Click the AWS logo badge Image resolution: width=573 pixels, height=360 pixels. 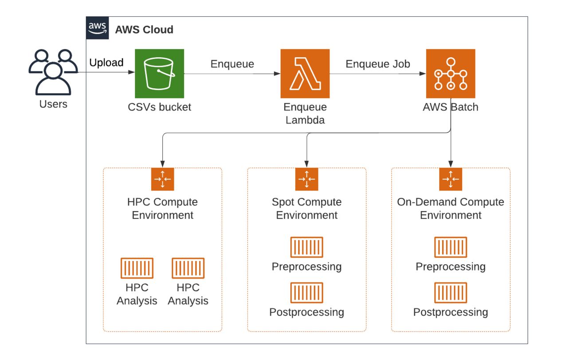click(x=97, y=28)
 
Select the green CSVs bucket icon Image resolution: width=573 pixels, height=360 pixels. click(x=159, y=74)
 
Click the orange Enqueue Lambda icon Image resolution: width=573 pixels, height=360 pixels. click(x=305, y=74)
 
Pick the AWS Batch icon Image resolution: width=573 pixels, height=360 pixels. click(x=450, y=74)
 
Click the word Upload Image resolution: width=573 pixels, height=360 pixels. click(x=106, y=63)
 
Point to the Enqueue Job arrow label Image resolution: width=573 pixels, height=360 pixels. click(x=378, y=64)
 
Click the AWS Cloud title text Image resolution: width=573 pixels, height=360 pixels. click(x=144, y=30)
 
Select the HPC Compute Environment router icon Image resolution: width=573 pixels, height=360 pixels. click(x=162, y=179)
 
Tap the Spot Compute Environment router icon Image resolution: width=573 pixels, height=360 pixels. click(x=306, y=179)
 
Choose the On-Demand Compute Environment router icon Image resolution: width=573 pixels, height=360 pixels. click(x=451, y=179)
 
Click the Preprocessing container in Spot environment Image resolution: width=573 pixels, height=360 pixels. click(x=306, y=247)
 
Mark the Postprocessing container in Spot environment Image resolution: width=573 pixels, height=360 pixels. click(x=306, y=293)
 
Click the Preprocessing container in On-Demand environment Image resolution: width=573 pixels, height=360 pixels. click(x=451, y=247)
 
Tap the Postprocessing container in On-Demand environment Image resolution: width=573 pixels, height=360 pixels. click(x=451, y=293)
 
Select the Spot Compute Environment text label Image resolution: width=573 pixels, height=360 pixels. click(x=306, y=209)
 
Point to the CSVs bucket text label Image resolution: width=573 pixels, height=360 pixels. click(x=159, y=107)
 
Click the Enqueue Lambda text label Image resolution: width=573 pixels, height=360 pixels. click(x=305, y=113)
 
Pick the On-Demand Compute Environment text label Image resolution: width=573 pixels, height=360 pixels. click(x=451, y=209)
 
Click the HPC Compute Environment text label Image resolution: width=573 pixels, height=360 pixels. click(x=162, y=209)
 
